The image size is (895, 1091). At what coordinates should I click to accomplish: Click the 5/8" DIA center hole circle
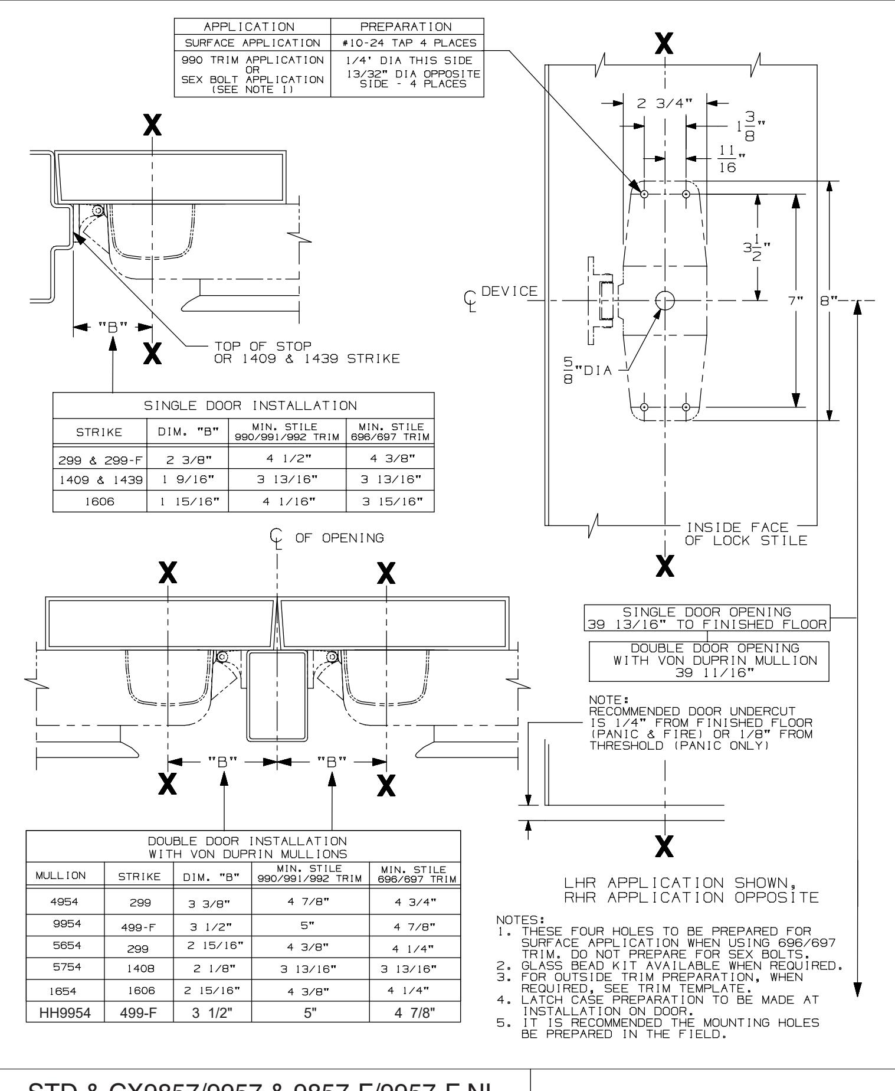click(665, 300)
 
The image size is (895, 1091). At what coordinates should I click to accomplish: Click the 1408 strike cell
click(138, 968)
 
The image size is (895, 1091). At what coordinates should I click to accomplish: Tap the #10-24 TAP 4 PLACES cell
click(408, 43)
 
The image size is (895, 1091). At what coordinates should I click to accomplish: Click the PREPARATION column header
click(408, 27)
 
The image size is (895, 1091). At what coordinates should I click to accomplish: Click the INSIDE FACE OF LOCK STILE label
click(745, 534)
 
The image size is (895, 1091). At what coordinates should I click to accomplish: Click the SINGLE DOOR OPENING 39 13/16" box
click(706, 618)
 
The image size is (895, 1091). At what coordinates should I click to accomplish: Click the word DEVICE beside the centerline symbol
click(510, 291)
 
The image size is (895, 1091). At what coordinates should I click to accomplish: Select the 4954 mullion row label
click(65, 903)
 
